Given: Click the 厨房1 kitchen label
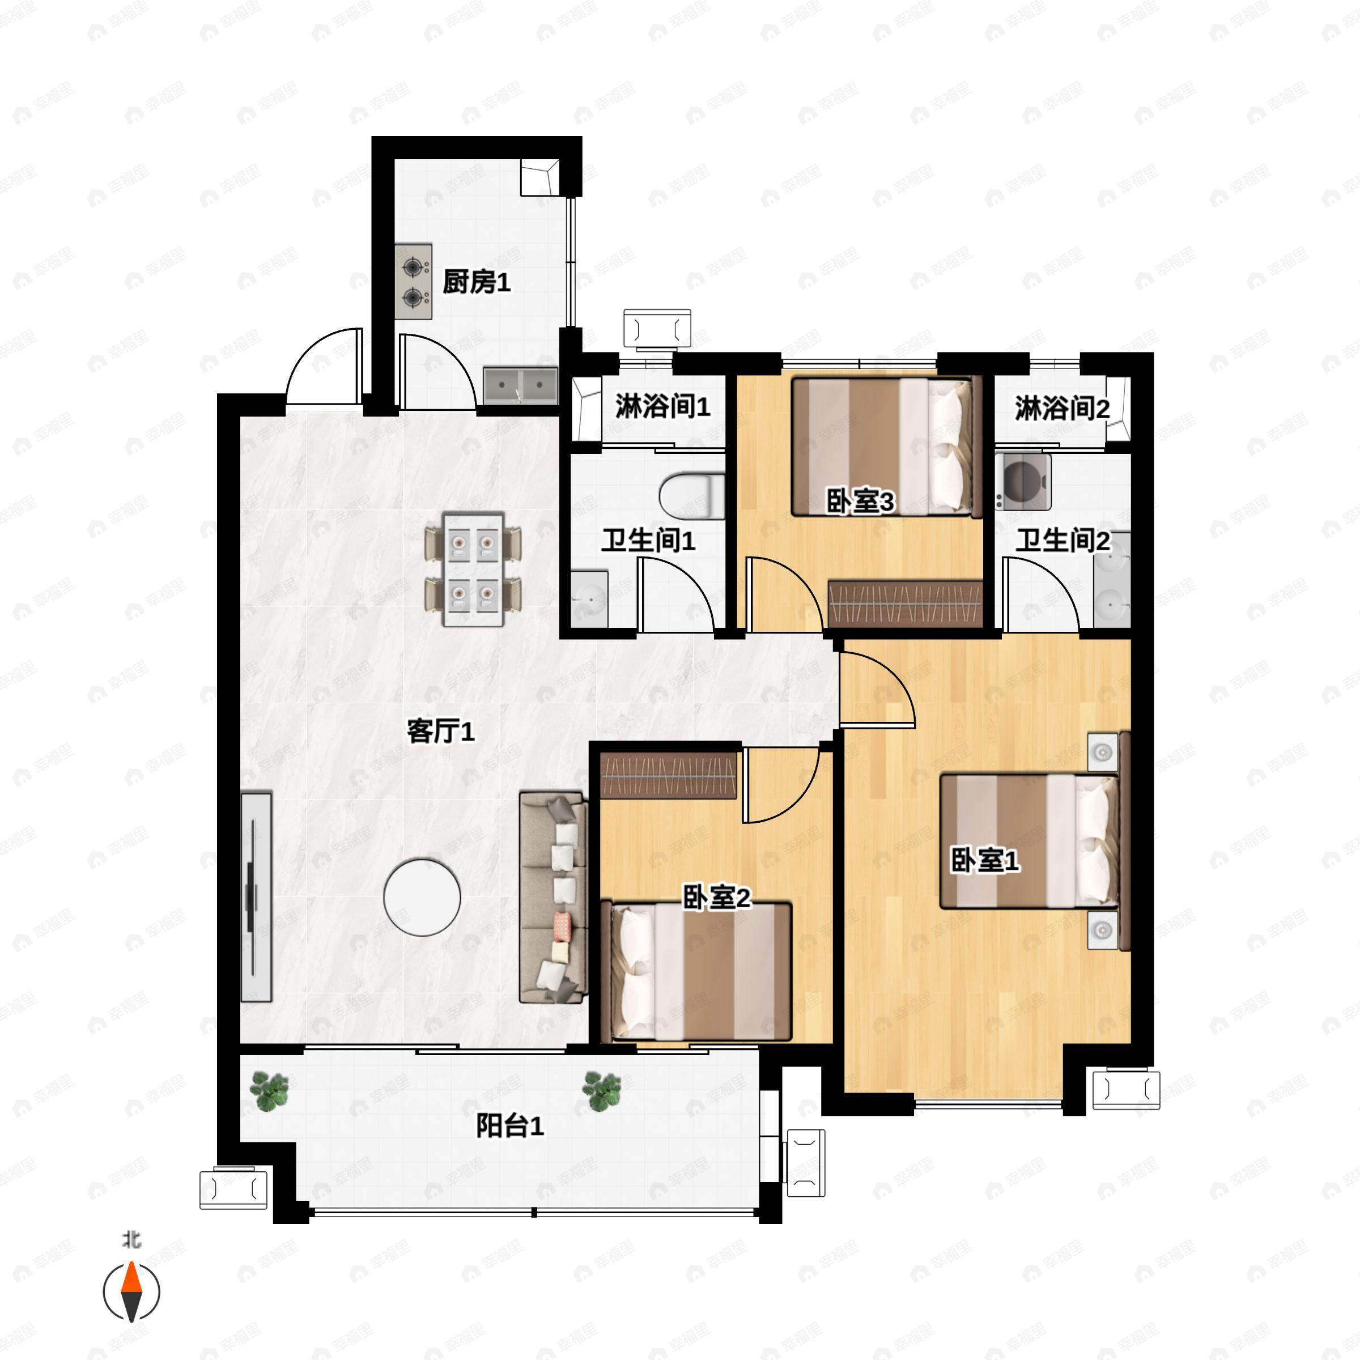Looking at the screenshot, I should (x=476, y=283).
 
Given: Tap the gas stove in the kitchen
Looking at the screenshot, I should (x=413, y=282).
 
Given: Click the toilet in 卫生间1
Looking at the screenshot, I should (x=692, y=496).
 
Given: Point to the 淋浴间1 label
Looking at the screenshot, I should (x=662, y=407).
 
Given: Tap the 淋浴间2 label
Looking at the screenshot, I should (x=1061, y=408).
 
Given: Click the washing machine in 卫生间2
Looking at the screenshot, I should (x=1023, y=482).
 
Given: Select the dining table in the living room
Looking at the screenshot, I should (x=473, y=569).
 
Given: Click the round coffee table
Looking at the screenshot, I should (x=422, y=897).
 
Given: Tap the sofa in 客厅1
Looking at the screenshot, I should (x=553, y=897).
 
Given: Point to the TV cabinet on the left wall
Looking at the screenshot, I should (x=256, y=897).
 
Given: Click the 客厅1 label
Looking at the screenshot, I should (x=441, y=732).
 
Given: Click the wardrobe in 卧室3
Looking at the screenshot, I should (x=904, y=603).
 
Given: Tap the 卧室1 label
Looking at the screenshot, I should (x=985, y=860).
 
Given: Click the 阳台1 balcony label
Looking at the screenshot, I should (x=509, y=1127).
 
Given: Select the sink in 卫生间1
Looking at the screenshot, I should (x=589, y=598).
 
